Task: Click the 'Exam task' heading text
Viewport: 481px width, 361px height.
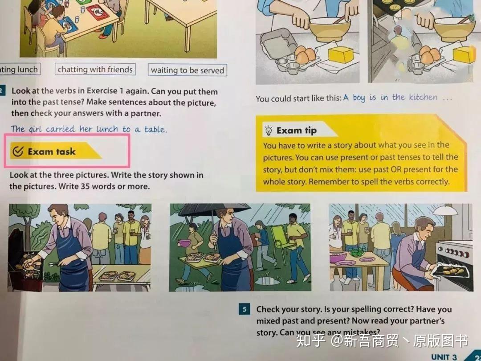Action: click(52, 152)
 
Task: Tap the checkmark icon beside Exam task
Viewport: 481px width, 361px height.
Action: click(18, 151)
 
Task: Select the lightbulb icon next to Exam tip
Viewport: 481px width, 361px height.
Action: click(269, 131)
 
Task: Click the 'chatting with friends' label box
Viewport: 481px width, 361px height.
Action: click(95, 70)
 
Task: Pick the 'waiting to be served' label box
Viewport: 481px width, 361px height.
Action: click(188, 70)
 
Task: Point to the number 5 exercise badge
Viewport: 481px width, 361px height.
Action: click(244, 309)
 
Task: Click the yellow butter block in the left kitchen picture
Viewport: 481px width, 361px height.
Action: click(341, 55)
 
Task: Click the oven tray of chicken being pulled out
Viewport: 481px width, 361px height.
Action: click(451, 271)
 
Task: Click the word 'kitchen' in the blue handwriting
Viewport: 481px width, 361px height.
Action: click(423, 97)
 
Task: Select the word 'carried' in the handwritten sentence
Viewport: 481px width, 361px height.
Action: click(61, 129)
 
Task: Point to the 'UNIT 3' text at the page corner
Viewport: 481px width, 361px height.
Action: click(444, 357)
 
